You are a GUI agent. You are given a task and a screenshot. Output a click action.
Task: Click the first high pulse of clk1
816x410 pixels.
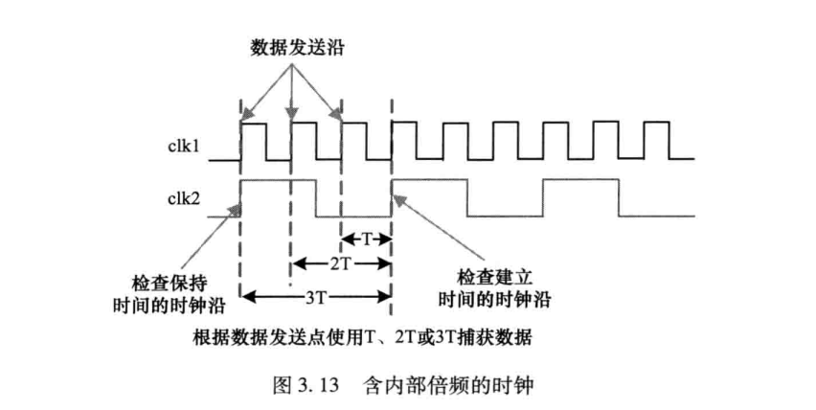[x=253, y=140]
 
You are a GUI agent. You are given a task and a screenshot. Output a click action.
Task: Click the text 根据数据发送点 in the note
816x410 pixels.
[x=238, y=336]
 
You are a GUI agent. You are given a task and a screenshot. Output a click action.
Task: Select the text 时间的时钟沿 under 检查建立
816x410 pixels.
[x=493, y=299]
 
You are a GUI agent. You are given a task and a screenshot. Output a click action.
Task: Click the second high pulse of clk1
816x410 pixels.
[x=304, y=140]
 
